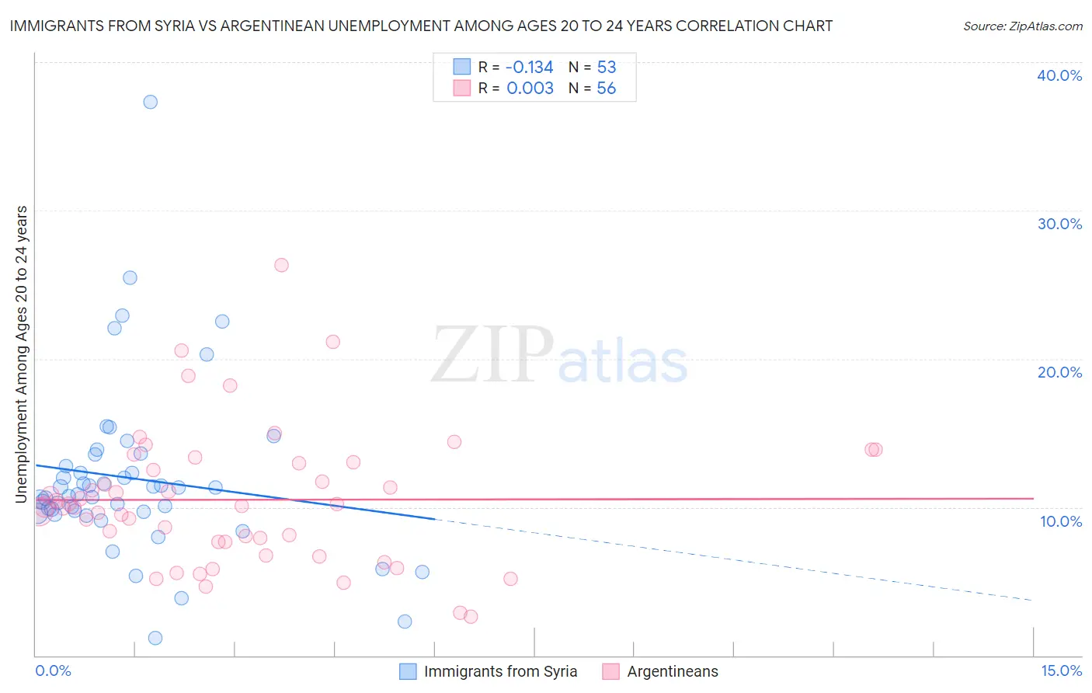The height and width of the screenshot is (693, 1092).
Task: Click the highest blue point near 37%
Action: tap(151, 102)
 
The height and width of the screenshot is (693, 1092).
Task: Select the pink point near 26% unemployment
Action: tap(281, 265)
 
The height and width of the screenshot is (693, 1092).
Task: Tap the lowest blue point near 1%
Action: tap(155, 638)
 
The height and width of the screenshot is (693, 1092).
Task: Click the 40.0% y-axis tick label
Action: tap(1059, 75)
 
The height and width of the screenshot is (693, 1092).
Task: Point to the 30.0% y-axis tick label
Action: tap(1059, 224)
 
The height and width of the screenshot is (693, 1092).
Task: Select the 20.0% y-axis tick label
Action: tap(1059, 372)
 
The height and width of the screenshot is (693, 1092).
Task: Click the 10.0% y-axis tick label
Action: tap(1061, 521)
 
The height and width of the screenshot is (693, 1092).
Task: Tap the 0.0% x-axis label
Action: tap(53, 671)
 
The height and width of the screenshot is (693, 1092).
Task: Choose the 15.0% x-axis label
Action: tap(1061, 671)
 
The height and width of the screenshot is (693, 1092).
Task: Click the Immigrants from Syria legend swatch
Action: tap(408, 672)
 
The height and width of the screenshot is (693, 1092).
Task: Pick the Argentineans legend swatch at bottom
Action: tap(611, 672)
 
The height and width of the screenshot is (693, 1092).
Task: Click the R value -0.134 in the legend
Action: tap(529, 68)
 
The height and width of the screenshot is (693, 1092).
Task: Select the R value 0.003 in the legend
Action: tap(530, 89)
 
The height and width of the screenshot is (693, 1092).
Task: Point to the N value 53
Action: tap(607, 68)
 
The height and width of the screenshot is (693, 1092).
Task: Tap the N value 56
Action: tap(607, 89)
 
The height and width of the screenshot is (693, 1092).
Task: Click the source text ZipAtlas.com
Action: tap(1022, 26)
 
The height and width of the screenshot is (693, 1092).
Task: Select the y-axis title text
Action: tap(22, 354)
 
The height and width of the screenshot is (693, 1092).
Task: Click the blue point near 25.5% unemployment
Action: tap(130, 277)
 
